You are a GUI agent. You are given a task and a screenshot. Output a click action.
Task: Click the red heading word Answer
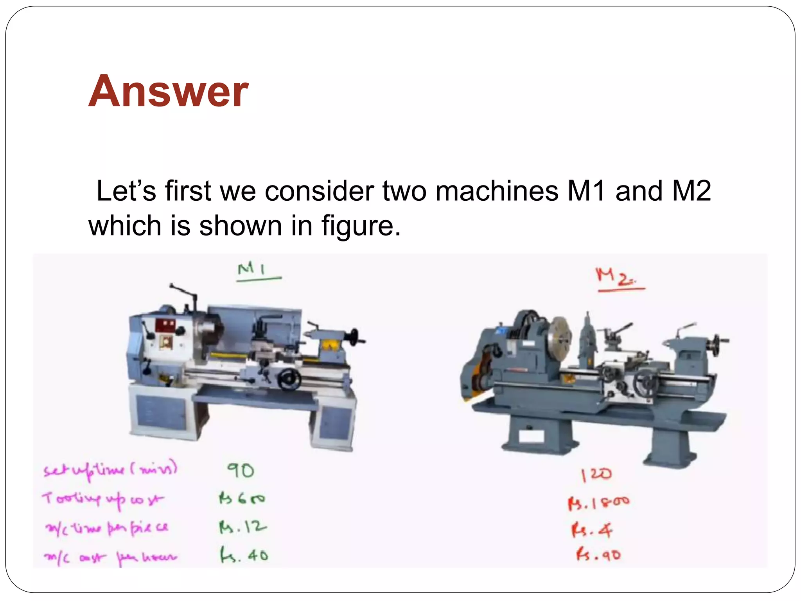pos(168,92)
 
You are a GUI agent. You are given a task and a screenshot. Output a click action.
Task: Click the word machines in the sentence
pos(497,191)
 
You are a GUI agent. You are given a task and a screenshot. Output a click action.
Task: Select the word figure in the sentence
pos(361,226)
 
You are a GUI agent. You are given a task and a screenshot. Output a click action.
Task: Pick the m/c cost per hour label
pos(110,557)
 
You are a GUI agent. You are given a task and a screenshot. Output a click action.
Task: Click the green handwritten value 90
pos(241,470)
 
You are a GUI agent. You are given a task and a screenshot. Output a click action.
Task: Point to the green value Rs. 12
pos(242,527)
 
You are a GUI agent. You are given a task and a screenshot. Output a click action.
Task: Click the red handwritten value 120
pos(596,475)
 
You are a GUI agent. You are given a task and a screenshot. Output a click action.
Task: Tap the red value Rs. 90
pos(598,555)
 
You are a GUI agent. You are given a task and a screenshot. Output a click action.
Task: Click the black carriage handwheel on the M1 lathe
pos(289,379)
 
